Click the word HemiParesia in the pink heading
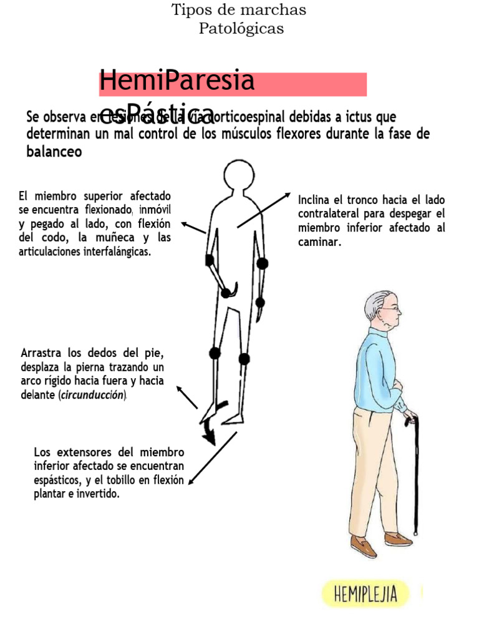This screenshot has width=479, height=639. tap(177, 80)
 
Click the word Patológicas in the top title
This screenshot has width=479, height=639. tap(241, 29)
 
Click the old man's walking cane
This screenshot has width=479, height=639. tap(415, 474)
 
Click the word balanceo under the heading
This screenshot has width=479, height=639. tap(54, 152)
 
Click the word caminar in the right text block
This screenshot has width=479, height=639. tap(319, 243)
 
